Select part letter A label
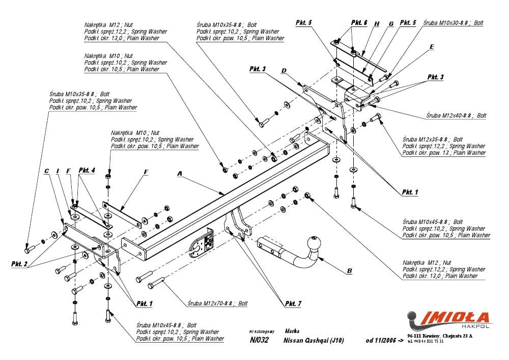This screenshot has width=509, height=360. pyautogui.click(x=179, y=174)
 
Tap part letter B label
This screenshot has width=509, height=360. pyautogui.click(x=349, y=271)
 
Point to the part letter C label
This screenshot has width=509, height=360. pyautogui.click(x=47, y=171)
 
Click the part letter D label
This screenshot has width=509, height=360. pyautogui.click(x=284, y=70)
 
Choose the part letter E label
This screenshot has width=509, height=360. pyautogui.click(x=432, y=47)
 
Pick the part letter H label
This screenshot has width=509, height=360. pyautogui.click(x=377, y=24)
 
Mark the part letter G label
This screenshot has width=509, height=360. pyautogui.click(x=391, y=24)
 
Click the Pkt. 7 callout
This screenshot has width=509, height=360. pyautogui.click(x=293, y=303)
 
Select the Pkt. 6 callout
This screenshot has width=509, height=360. pyautogui.click(x=359, y=23)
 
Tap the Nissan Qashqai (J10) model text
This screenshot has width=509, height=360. pyautogui.click(x=314, y=340)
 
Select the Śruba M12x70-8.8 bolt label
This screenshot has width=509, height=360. pyautogui.click(x=217, y=303)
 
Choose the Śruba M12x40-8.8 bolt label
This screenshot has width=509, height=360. pyautogui.click(x=456, y=116)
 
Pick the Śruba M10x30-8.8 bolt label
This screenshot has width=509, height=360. pyautogui.click(x=453, y=23)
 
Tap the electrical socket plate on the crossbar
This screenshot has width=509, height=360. pyautogui.click(x=208, y=241)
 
